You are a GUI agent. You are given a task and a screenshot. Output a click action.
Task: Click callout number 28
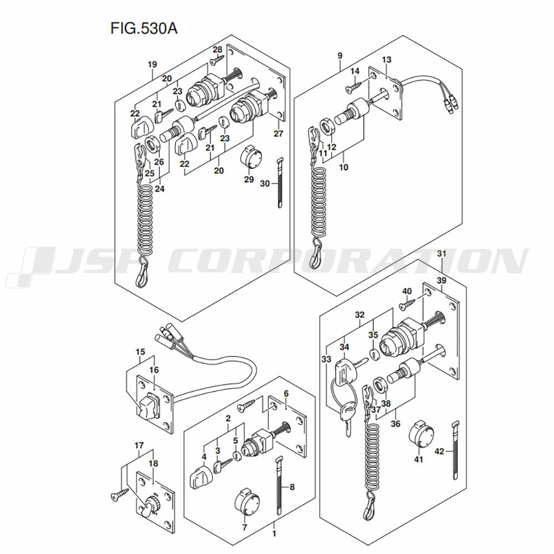(217, 49)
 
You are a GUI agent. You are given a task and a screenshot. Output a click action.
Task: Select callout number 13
(386, 60)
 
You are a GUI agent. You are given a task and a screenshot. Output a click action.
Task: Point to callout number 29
(249, 179)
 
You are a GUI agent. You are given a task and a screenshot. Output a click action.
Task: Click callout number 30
(265, 183)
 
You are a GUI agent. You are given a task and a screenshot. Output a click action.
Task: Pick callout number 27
(278, 134)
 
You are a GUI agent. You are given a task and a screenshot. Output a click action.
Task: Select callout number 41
(418, 459)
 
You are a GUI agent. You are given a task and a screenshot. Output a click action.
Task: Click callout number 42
(439, 452)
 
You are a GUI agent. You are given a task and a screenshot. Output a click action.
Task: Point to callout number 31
(441, 254)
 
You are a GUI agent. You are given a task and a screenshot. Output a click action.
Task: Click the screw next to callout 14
(353, 86)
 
